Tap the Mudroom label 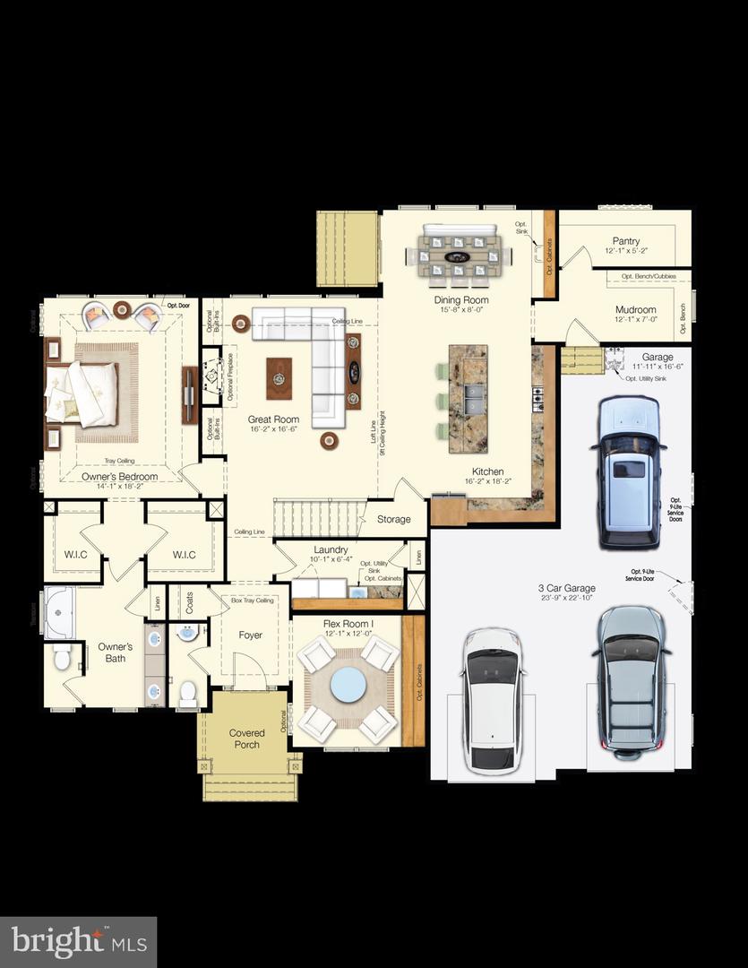[635, 309]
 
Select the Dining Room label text [461, 300]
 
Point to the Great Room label [273, 419]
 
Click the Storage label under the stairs [393, 519]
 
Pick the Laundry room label [331, 550]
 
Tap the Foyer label [251, 635]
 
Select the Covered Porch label [246, 739]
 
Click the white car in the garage [492, 701]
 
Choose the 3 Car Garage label [566, 589]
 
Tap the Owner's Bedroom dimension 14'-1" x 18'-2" [120, 487]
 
